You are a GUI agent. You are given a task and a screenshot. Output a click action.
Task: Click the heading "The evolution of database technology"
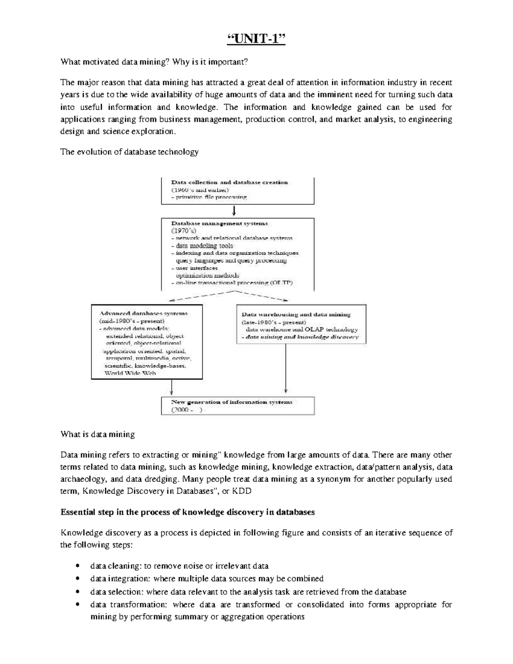[130, 152]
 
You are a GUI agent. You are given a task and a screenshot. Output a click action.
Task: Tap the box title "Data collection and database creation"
[229, 182]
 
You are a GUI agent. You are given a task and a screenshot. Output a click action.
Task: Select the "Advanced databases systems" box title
[143, 313]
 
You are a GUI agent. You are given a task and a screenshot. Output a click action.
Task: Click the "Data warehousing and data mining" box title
[296, 314]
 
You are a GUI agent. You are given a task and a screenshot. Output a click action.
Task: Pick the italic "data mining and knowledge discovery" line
[300, 337]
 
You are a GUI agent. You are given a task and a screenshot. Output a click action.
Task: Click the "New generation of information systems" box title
[232, 402]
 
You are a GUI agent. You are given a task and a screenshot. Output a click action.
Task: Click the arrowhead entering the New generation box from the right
[285, 390]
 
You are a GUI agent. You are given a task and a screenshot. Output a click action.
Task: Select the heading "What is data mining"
[97, 434]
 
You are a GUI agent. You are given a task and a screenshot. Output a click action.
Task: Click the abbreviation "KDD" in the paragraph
[242, 491]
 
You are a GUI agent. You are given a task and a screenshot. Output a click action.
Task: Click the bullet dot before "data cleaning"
[77, 566]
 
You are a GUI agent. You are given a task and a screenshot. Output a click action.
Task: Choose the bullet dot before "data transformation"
[77, 605]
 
